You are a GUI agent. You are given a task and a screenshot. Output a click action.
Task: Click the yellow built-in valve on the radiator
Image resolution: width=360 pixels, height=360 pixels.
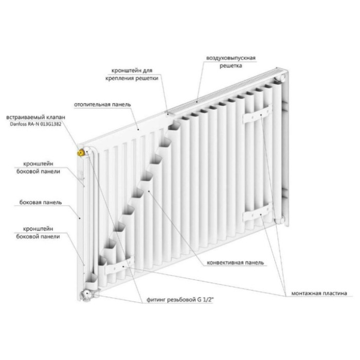pyautogui.click(x=81, y=152)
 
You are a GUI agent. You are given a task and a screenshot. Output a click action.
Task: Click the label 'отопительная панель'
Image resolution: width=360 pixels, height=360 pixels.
pyautogui.click(x=102, y=105)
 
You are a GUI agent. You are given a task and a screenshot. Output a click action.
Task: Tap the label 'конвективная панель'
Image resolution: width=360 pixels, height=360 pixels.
pyautogui.click(x=236, y=263)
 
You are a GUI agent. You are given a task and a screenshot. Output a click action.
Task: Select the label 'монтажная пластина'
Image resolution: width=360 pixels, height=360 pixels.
pyautogui.click(x=319, y=293)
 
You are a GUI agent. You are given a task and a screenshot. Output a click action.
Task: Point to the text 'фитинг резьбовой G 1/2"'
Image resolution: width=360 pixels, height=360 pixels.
pyautogui.click(x=180, y=300)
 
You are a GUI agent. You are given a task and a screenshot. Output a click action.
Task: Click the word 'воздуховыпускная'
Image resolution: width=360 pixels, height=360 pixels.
pyautogui.click(x=231, y=58)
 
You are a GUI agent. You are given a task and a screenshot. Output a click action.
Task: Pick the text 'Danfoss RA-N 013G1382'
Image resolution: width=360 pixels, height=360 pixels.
pyautogui.click(x=35, y=124)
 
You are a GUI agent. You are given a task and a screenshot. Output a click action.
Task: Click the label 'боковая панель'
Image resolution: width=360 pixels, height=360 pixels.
pyautogui.click(x=41, y=202)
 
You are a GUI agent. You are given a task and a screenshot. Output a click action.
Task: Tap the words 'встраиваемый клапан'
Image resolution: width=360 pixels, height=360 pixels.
pyautogui.click(x=35, y=117)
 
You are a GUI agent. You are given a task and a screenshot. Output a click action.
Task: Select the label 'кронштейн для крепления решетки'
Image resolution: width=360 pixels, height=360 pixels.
pyautogui.click(x=132, y=74)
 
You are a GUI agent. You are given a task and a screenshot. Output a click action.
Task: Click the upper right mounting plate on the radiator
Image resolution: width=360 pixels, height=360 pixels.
pyautogui.click(x=258, y=114)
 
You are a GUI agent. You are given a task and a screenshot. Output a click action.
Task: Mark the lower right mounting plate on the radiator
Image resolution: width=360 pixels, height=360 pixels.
pyautogui.click(x=258, y=212)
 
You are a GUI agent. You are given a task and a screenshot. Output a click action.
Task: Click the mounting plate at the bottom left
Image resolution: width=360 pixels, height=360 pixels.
pyautogui.click(x=119, y=266)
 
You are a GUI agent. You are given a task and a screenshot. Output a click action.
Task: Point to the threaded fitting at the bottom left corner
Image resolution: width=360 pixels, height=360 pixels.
pyautogui.click(x=87, y=295)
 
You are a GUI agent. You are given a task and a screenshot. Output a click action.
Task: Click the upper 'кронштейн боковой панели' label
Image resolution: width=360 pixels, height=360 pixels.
pyautogui.click(x=38, y=168)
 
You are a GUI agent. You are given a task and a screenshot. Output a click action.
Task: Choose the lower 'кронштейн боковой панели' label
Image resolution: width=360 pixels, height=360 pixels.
pyautogui.click(x=38, y=232)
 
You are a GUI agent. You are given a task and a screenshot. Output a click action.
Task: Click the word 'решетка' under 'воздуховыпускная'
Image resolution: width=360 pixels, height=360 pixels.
pyautogui.click(x=231, y=66)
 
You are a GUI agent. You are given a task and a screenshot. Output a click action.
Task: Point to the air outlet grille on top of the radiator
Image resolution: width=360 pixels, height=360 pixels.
pyautogui.click(x=226, y=92)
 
